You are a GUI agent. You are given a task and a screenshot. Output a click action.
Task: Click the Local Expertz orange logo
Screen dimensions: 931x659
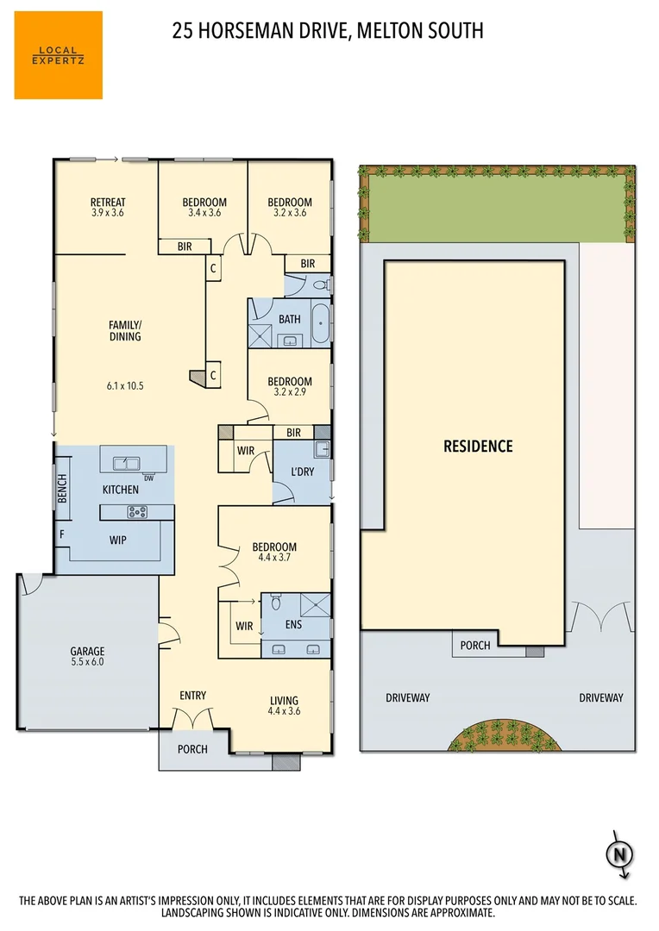[x=58, y=54]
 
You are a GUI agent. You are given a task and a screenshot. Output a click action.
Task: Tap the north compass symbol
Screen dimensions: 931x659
[x=618, y=854]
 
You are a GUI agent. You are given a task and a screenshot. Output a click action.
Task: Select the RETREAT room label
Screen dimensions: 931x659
[x=108, y=203]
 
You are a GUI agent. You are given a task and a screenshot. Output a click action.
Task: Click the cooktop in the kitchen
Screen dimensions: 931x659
[x=137, y=512]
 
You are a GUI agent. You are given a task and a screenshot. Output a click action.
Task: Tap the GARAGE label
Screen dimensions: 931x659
[x=87, y=652]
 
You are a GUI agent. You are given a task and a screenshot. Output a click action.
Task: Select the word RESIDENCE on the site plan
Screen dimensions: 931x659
[x=478, y=447]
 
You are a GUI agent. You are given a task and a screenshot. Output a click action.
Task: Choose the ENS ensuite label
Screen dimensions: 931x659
[x=293, y=625]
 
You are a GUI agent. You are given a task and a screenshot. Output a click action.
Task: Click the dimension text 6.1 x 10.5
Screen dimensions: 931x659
[x=125, y=386]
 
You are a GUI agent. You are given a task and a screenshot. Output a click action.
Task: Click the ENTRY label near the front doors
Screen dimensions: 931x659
[x=192, y=696]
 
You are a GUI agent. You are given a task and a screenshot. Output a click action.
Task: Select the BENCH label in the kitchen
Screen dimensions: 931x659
[x=62, y=490]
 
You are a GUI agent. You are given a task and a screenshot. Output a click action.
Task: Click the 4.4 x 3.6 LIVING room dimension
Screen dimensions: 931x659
[x=285, y=711]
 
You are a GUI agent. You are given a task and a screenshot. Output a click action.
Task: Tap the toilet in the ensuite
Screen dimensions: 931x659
[x=275, y=602]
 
